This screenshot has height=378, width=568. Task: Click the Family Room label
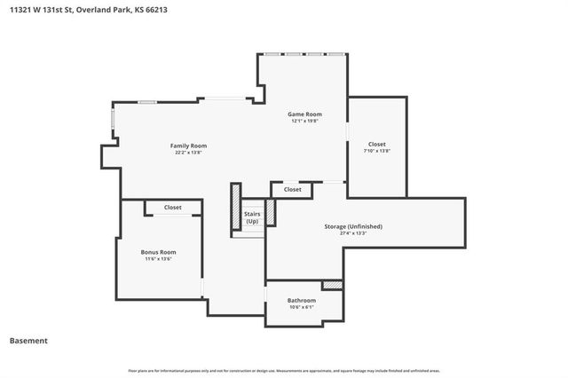(x=188, y=146)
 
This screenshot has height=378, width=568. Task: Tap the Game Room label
(x=304, y=114)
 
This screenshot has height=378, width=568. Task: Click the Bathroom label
(x=302, y=301)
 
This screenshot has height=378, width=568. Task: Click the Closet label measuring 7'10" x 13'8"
(x=377, y=144)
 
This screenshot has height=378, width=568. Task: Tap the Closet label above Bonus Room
(x=172, y=208)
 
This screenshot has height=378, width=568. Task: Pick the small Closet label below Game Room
(x=292, y=189)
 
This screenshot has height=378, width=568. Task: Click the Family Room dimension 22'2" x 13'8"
(x=188, y=153)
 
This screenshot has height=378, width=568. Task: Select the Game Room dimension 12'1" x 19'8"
(x=304, y=122)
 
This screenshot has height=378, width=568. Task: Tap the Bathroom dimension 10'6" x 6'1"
(x=302, y=308)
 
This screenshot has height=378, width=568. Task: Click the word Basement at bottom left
(x=28, y=341)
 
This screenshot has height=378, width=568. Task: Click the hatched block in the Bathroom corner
(x=332, y=285)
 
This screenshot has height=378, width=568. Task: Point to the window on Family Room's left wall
(x=113, y=123)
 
